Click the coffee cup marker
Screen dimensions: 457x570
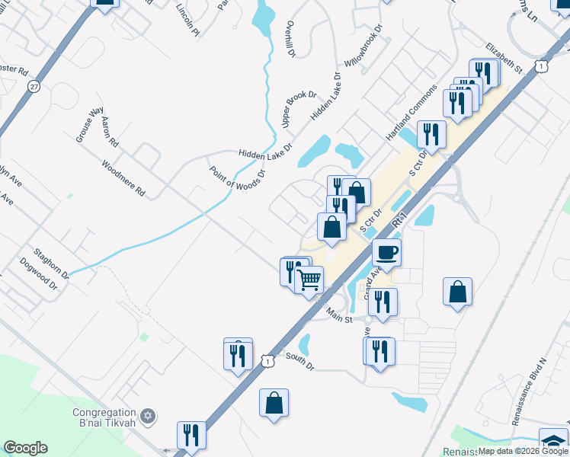tap(387, 252)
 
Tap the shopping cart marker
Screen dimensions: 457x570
tap(309, 280)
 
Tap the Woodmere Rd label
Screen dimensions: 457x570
tap(123, 177)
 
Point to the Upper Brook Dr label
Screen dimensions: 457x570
tap(299, 108)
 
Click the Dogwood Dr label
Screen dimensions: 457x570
tap(42, 278)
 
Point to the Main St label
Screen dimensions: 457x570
tap(338, 314)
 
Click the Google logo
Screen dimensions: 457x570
tap(25, 447)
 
